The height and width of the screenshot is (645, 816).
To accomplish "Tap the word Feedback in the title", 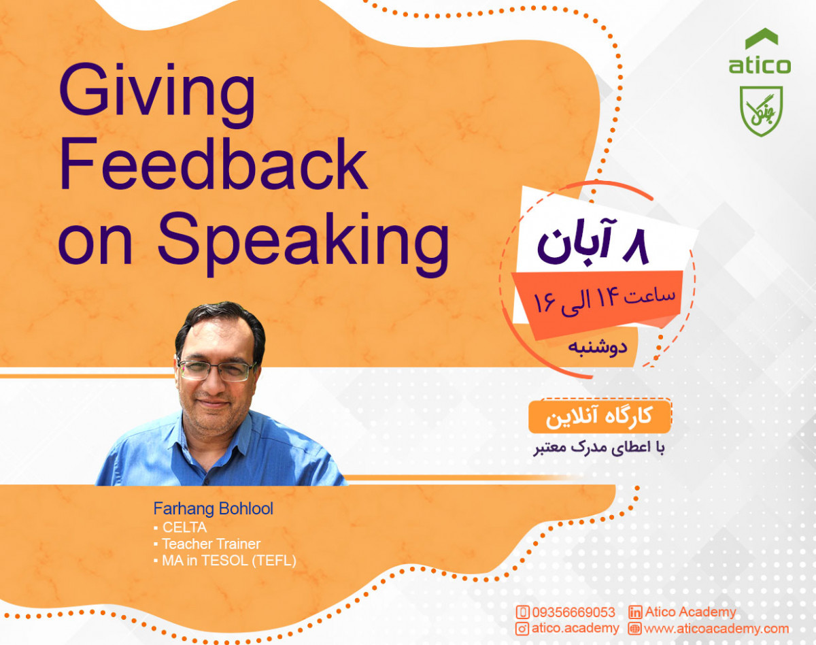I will click(x=214, y=165).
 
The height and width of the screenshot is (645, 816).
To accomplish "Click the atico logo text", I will click(x=760, y=66).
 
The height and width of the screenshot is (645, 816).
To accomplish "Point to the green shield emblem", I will click(x=761, y=110).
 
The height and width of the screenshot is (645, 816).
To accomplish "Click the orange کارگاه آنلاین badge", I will click(x=599, y=416).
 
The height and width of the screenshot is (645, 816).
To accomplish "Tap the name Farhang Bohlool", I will click(x=213, y=509).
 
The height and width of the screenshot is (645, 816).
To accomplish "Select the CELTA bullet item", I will click(x=184, y=527).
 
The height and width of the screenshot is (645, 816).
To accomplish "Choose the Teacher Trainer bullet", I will click(x=211, y=544).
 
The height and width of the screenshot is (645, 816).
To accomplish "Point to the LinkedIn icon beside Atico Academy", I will click(x=635, y=612).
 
